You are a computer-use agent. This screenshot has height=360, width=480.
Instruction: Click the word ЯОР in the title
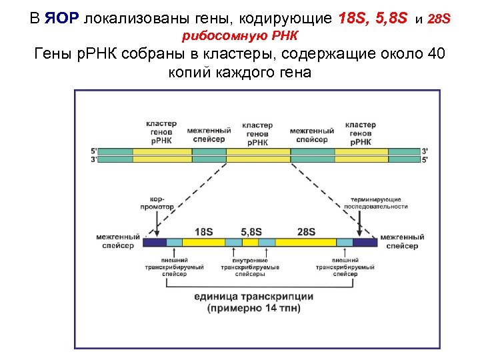pyautogui.click(x=62, y=18)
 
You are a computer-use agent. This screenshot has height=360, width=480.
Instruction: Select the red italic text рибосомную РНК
pyautogui.click(x=240, y=35)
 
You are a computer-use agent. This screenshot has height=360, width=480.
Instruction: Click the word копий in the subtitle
pyautogui.click(x=191, y=72)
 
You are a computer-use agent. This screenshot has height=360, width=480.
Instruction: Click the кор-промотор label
pyautogui.click(x=157, y=203)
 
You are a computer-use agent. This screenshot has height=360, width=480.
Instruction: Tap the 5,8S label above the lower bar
pyautogui.click(x=251, y=231)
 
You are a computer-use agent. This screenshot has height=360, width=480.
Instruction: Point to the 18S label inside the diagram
pyautogui.click(x=203, y=231)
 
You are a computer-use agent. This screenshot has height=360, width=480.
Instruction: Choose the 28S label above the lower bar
pyautogui.click(x=306, y=231)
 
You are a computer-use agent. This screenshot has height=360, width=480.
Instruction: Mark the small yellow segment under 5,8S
pyautogui.click(x=250, y=242)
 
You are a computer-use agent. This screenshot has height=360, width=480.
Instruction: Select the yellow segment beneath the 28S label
pyautogui.click(x=305, y=242)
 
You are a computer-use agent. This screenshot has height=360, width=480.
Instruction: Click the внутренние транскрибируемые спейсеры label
pyautogui.click(x=250, y=267)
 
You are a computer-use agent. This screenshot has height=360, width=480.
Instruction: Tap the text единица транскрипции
pyautogui.click(x=253, y=296)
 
